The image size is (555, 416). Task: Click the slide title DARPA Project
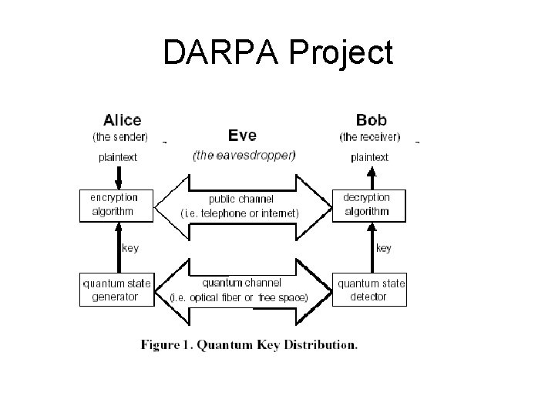[x=277, y=52]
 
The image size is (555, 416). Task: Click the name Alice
[x=122, y=120]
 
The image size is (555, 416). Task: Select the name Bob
[x=371, y=120]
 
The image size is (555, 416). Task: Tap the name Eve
[x=244, y=136]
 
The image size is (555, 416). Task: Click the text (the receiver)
[x=370, y=137]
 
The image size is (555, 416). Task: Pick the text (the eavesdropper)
[x=244, y=155]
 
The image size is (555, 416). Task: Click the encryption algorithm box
[x=117, y=205]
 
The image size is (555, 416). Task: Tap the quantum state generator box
[x=117, y=290]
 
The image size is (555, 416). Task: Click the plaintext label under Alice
[x=118, y=157]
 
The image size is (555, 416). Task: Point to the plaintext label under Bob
[x=370, y=157]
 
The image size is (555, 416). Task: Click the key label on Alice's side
[x=131, y=248]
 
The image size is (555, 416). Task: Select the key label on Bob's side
[x=383, y=248]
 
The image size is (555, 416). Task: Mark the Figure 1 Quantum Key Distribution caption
[x=249, y=345]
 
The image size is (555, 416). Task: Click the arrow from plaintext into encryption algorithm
[x=117, y=176]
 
